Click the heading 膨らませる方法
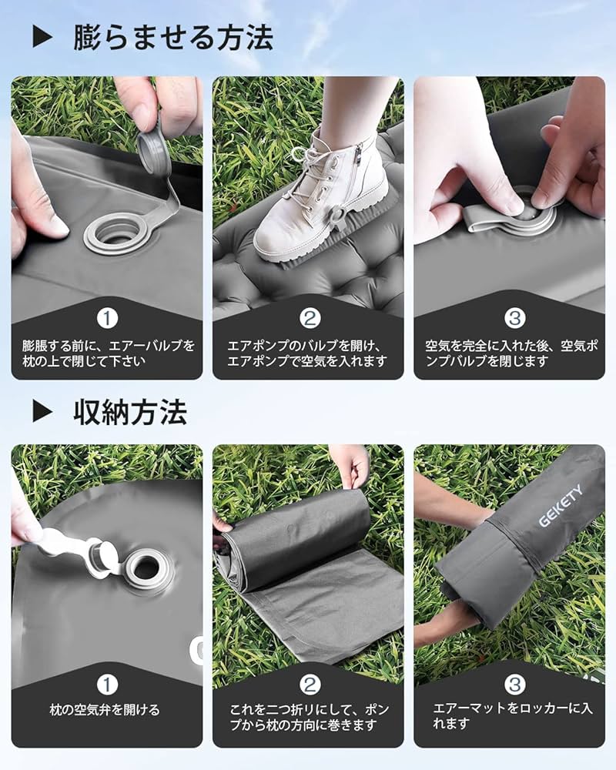(x=173, y=36)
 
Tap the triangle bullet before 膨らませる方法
(x=43, y=36)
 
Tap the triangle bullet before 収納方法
(x=43, y=413)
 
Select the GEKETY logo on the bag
(x=560, y=506)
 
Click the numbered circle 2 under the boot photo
(x=308, y=317)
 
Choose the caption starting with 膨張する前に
(x=108, y=353)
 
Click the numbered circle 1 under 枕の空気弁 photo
(x=108, y=683)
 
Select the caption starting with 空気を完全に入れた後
(x=510, y=353)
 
